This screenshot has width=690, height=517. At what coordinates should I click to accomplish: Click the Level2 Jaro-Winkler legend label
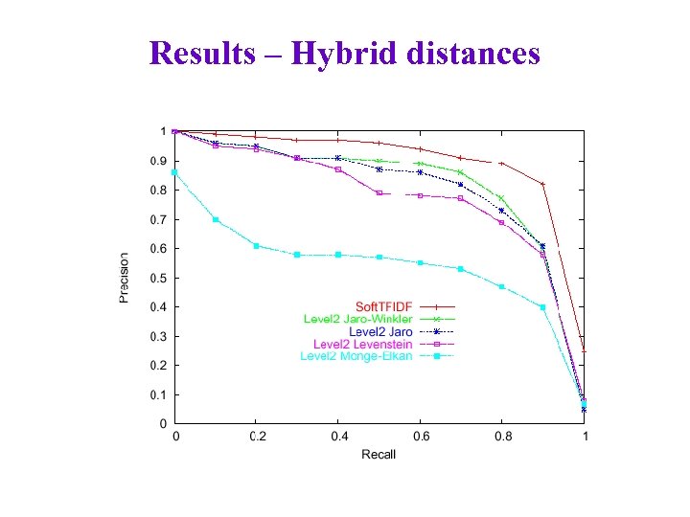pyautogui.click(x=357, y=319)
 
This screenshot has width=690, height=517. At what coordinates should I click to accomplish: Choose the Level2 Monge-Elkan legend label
pyautogui.click(x=356, y=356)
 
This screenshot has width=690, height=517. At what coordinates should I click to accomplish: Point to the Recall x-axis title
pyautogui.click(x=379, y=454)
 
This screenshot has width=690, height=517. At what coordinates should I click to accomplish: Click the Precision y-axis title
pyautogui.click(x=125, y=278)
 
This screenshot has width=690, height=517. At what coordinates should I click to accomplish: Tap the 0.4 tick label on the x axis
pyautogui.click(x=338, y=437)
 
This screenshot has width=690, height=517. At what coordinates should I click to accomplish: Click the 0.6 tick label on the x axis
pyautogui.click(x=420, y=437)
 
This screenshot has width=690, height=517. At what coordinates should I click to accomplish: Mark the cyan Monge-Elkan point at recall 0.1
pyautogui.click(x=216, y=219)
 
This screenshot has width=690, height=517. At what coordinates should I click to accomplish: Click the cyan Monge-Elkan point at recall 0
pyautogui.click(x=174, y=172)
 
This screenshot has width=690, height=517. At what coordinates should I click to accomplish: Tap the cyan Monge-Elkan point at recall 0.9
pyautogui.click(x=542, y=307)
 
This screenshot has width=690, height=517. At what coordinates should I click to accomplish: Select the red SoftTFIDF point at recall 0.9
pyautogui.click(x=542, y=184)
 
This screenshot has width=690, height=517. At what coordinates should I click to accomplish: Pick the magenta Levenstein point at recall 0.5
pyautogui.click(x=379, y=193)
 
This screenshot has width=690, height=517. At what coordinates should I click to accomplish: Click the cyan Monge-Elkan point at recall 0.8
pyautogui.click(x=501, y=286)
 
